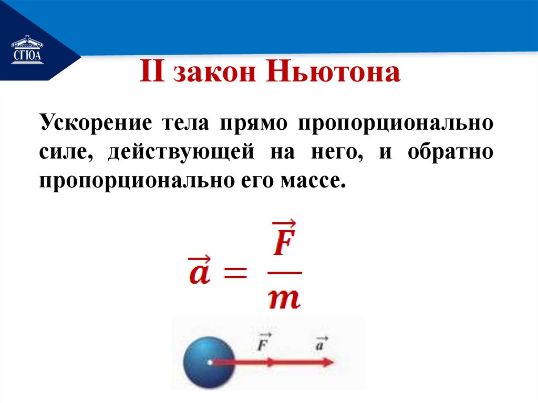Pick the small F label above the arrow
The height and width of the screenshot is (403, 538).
(x=264, y=343)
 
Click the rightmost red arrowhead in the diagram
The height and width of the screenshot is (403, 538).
(x=328, y=363)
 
